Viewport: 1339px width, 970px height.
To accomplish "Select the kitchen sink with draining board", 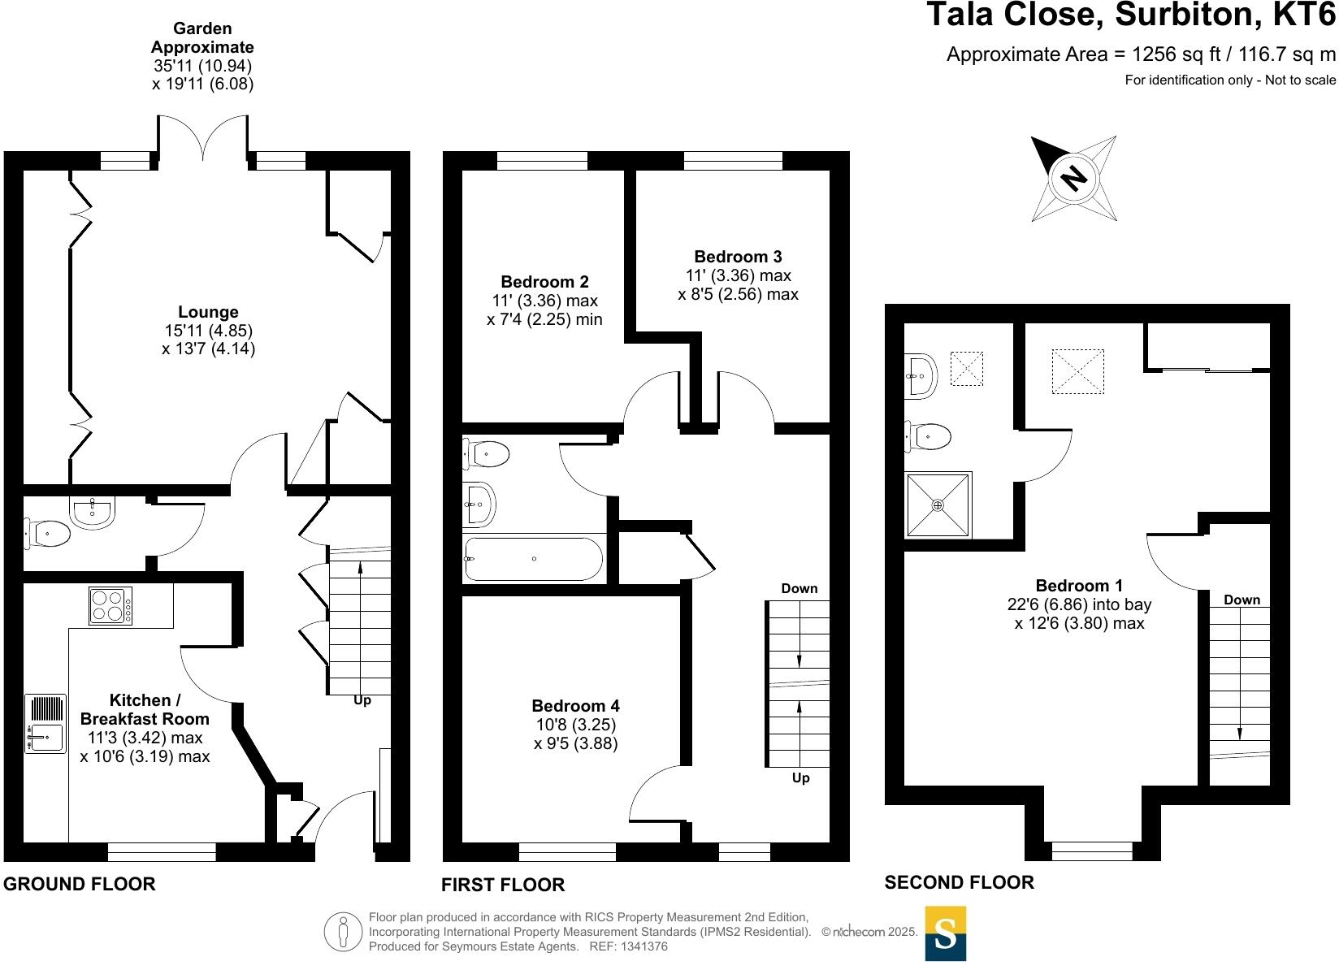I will coord(45,723).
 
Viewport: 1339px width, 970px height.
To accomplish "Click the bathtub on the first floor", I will coord(533,559).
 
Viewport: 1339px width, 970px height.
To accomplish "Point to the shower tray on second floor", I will coord(938,505).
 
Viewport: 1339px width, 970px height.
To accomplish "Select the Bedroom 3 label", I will coord(738,257).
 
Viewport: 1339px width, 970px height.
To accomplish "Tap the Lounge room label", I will coord(208,312).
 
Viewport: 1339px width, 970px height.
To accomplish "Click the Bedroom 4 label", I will coord(575,706).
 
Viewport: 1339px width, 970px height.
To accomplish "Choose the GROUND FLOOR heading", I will coord(80,884).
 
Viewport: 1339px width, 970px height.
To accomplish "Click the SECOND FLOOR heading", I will coord(959,882).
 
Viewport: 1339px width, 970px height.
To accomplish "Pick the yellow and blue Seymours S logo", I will coord(946,933).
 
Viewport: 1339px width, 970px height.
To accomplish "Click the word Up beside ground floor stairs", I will coord(362,700).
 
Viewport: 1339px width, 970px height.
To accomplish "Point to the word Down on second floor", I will coord(1241,600).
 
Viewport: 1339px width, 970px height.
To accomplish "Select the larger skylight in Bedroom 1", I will coord(1077,371).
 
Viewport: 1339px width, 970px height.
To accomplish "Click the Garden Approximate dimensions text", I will coord(202,56).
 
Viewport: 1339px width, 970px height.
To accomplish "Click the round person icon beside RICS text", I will coord(343,932).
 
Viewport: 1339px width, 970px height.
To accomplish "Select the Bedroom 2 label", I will coord(544,282).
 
